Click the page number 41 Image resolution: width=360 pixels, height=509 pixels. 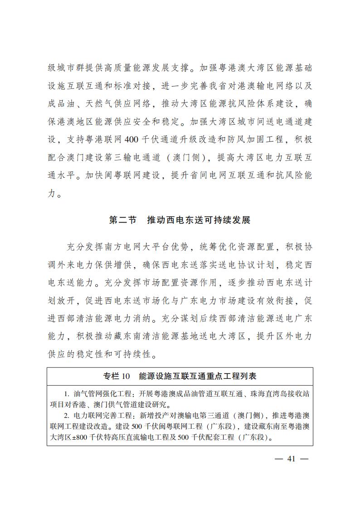292,458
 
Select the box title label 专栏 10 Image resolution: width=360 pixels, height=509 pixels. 117,376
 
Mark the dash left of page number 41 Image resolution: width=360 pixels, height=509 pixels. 279,458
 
